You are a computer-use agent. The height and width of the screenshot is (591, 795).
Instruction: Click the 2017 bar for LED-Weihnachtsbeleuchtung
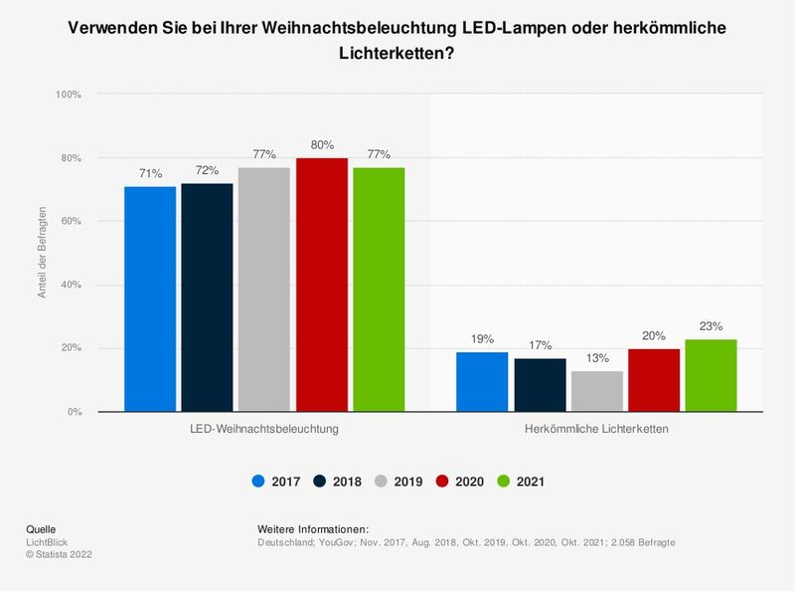click(x=150, y=298)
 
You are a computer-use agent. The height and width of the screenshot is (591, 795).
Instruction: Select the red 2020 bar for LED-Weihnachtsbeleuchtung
click(x=322, y=285)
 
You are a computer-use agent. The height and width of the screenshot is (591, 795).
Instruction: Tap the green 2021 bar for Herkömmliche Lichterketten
click(x=712, y=375)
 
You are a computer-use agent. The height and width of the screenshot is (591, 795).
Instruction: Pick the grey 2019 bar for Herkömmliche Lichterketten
click(x=596, y=391)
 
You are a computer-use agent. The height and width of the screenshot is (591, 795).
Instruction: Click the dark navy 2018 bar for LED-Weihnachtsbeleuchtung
click(x=207, y=297)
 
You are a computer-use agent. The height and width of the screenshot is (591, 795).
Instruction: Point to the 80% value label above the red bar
click(x=322, y=145)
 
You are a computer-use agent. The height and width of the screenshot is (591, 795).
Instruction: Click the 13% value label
click(x=596, y=358)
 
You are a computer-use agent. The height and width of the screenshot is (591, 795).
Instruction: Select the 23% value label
click(x=712, y=326)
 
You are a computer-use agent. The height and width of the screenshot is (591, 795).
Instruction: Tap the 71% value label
click(x=150, y=173)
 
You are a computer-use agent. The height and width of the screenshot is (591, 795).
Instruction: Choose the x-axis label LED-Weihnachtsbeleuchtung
click(x=264, y=430)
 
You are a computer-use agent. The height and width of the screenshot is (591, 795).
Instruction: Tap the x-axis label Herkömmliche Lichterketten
click(x=596, y=430)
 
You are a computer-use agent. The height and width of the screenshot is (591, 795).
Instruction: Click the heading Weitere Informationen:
click(x=313, y=528)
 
